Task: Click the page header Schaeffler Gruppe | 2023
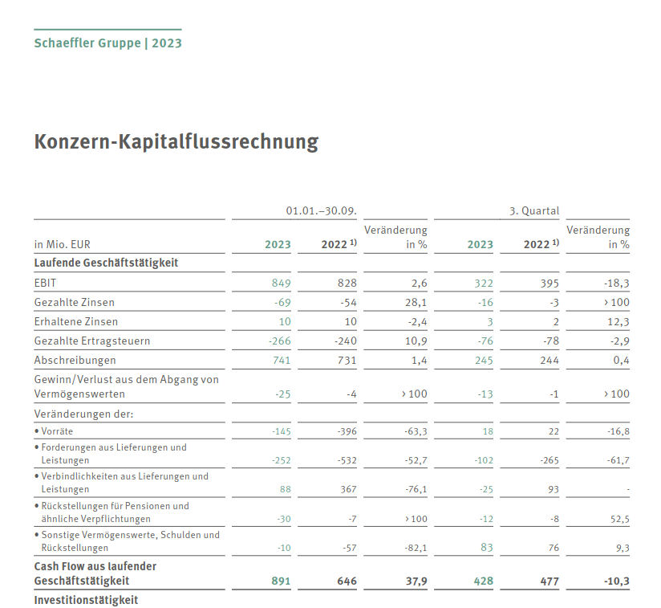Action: [107, 43]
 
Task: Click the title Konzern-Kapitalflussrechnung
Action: [176, 142]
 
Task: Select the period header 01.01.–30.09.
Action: [321, 211]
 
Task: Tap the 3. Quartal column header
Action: [534, 211]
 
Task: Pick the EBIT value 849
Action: [281, 283]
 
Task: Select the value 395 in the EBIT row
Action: [549, 283]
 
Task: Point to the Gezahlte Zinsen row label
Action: [75, 303]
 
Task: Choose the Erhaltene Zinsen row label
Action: [76, 322]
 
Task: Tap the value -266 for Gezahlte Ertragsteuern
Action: [278, 341]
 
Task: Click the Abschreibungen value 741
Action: [281, 361]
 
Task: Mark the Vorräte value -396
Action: [346, 431]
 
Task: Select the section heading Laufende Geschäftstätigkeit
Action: [106, 263]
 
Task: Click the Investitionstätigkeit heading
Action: [86, 600]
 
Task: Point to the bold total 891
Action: [281, 581]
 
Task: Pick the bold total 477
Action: [549, 581]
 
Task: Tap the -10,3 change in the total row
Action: [615, 581]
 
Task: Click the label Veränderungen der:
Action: [83, 414]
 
